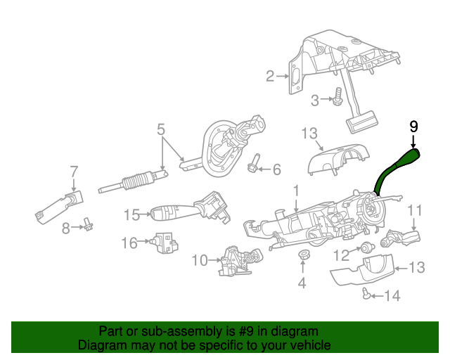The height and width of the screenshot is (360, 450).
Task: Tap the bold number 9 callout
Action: (413, 127)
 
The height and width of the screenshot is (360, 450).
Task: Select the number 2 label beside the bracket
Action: (269, 76)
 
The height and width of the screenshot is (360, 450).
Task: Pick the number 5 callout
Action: (161, 129)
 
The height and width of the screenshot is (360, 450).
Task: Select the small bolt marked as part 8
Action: (89, 225)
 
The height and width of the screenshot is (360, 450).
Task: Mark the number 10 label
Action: (200, 261)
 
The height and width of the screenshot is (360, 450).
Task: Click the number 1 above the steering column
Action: (296, 190)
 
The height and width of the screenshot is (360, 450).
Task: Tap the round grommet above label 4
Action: (303, 255)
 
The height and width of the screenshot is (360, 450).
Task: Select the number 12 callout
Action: (341, 255)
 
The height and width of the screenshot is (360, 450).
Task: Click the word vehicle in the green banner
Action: (307, 345)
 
